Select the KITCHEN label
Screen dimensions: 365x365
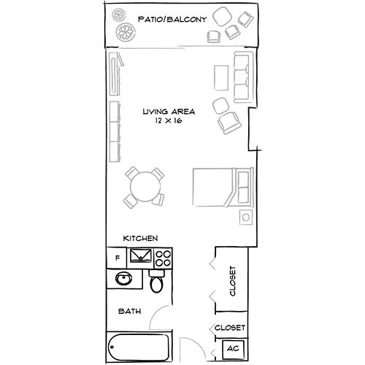point(141,239)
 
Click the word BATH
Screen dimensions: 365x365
point(130,312)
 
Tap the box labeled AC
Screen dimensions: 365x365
point(233,349)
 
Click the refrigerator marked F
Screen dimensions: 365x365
point(116,257)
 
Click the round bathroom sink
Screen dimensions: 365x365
point(123,280)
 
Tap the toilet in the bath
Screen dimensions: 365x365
point(155,281)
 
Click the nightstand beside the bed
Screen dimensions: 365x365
point(246,217)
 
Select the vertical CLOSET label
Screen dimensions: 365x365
point(233,281)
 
